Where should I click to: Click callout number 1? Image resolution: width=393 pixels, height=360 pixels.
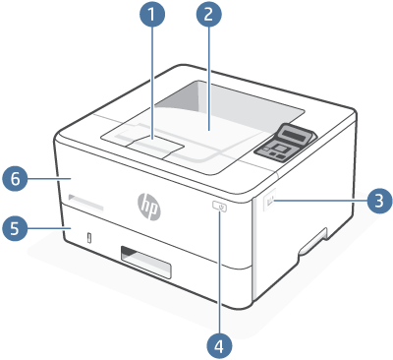coord(151,16)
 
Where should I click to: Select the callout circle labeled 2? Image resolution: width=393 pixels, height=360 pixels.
coord(208,16)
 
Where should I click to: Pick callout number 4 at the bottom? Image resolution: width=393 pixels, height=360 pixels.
coord(220,344)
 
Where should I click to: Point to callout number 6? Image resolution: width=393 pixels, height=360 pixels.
coord(14,179)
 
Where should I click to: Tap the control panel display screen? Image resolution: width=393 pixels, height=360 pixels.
coord(292,136)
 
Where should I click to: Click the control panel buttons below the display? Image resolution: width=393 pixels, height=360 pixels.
coord(277,150)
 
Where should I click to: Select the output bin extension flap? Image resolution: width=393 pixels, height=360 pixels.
coord(154,146)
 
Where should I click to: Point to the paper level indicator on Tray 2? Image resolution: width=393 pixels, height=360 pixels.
coord(89,237)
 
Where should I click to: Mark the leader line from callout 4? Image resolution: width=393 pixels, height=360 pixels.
coord(220,275)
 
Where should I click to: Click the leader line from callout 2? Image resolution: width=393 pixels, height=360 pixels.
coord(208,79)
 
